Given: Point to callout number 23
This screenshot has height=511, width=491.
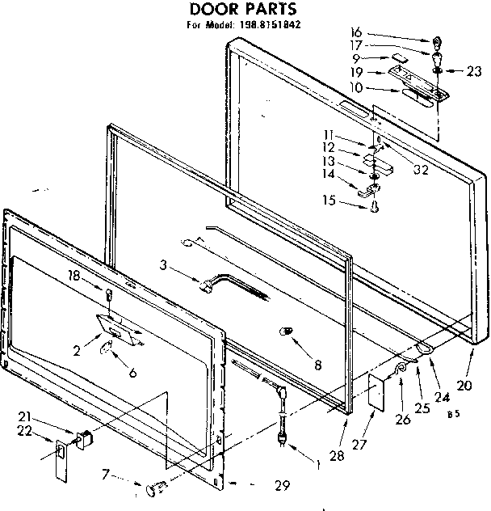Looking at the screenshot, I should click(x=474, y=70).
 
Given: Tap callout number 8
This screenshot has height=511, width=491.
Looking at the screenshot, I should click(x=317, y=365).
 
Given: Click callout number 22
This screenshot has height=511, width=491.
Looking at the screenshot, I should click(x=25, y=430).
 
